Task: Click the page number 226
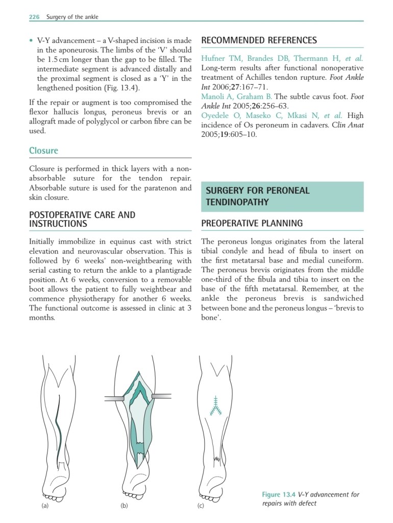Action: point(34,17)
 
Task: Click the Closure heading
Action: point(43,151)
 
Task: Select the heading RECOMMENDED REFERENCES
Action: point(259,40)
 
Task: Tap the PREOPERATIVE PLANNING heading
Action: point(252,223)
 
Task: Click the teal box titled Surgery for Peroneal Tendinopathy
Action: point(282,197)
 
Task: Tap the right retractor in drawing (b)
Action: point(161,395)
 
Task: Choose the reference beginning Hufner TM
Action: point(282,58)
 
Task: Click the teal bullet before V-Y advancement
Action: point(31,40)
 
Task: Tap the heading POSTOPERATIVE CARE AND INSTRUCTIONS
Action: point(82,219)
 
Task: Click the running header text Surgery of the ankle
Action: point(72,17)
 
